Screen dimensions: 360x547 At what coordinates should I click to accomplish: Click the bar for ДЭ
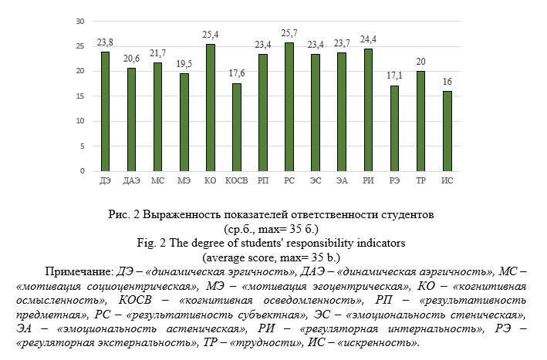(x=105, y=112)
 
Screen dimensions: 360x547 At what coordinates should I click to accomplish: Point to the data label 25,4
(x=211, y=35)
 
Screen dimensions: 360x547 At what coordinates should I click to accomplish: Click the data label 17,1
(x=394, y=77)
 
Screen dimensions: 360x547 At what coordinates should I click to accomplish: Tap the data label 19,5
(x=184, y=65)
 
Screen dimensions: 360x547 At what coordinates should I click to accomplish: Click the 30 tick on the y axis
(x=79, y=22)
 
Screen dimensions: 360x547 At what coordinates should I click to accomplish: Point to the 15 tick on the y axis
(x=79, y=96)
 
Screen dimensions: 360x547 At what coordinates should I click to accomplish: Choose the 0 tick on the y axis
(x=82, y=171)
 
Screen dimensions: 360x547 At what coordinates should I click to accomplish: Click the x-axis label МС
(x=157, y=181)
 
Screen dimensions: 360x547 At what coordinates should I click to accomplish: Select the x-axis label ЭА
(x=342, y=181)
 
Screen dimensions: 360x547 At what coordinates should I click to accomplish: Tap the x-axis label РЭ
(x=395, y=181)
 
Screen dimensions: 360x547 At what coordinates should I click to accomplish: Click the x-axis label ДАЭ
(x=131, y=181)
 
